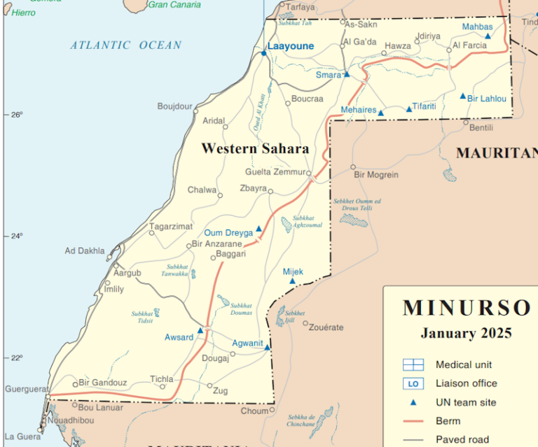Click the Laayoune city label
[x=291, y=46]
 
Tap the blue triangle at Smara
[x=346, y=74]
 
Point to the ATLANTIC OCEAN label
[x=125, y=45]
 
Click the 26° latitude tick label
[x=15, y=115]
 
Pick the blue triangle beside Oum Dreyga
[x=258, y=228]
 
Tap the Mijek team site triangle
[x=293, y=281]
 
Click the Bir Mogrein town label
[x=376, y=175]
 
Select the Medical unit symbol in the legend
[x=413, y=364]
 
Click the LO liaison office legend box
[x=413, y=383]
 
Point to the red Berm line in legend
[x=413, y=421]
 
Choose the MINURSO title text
[x=467, y=308]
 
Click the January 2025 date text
[x=466, y=333]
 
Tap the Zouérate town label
[x=326, y=327]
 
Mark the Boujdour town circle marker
[x=195, y=111]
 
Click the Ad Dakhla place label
[x=84, y=250]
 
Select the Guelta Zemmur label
[x=275, y=172]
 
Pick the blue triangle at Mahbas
[x=488, y=35]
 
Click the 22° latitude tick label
[x=15, y=357]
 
